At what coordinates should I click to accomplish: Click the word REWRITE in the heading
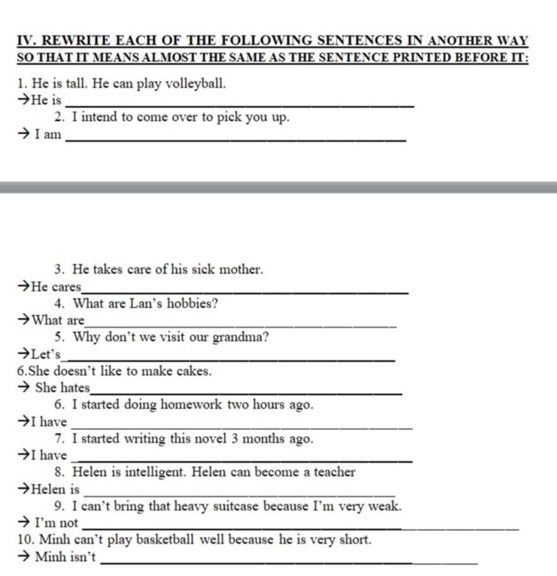point(76,40)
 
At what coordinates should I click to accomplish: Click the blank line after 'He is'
point(239,104)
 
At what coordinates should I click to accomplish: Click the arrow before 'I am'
point(24,134)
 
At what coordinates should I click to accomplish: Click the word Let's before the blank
point(46,355)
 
